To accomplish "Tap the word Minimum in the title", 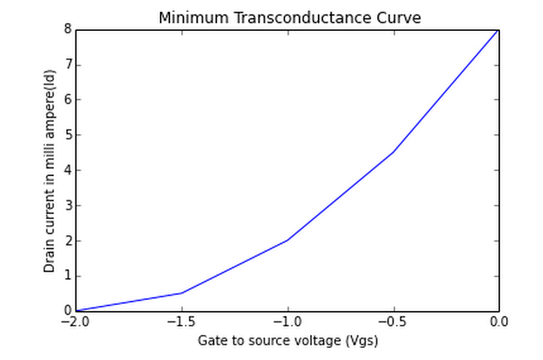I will click(x=185, y=18).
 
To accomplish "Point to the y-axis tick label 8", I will click(x=68, y=29).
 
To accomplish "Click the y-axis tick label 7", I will click(x=68, y=64).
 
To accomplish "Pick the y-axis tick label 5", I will click(x=68, y=135).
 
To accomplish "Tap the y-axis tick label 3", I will click(x=68, y=205).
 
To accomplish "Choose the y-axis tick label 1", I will click(x=68, y=276).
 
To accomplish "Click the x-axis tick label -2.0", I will click(x=76, y=322).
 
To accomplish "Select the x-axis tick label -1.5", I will click(x=181, y=322).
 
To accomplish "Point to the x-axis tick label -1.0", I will click(x=287, y=322).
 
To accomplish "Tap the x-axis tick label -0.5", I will click(x=393, y=322).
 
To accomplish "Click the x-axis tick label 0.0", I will click(x=498, y=322).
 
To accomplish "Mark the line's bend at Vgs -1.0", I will click(x=287, y=241).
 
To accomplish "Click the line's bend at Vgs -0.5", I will click(x=393, y=152).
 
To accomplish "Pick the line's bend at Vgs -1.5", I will click(x=181, y=293).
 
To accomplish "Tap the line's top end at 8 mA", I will click(x=498, y=29).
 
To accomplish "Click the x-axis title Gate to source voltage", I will click(x=270, y=340).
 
